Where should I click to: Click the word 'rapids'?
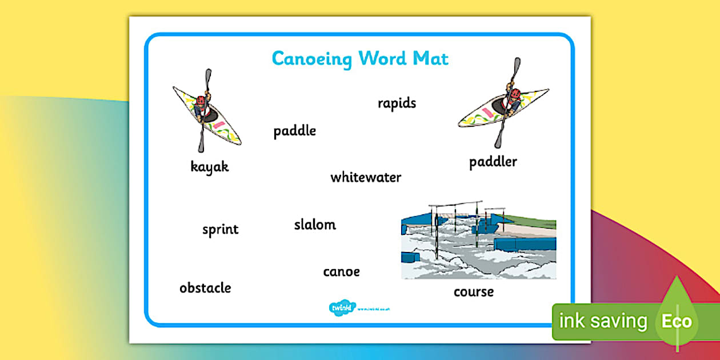coord(397,103)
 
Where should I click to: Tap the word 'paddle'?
coord(294,131)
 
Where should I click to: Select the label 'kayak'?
coord(210,167)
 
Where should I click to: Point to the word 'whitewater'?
coord(366,177)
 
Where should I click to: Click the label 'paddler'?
coord(493,162)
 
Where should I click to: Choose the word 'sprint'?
coord(220,230)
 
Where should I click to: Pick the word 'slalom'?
coord(315,225)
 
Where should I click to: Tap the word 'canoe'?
coord(341,271)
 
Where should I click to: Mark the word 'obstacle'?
coord(205,287)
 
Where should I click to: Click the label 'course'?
coord(473,292)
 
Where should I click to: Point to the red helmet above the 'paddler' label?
coord(514,93)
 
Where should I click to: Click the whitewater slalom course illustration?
coord(478,240)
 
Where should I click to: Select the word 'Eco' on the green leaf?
coord(677,321)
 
